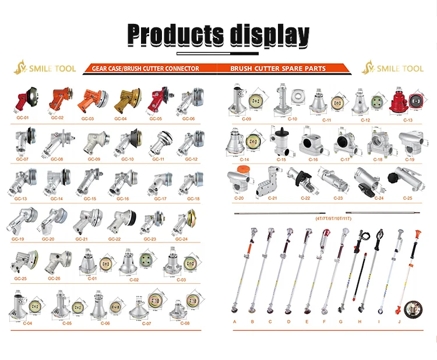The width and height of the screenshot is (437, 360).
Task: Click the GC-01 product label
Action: click(x=23, y=117)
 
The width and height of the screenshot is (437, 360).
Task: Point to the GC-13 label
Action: click(x=21, y=199)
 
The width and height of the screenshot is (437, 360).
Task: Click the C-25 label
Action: click(x=407, y=199)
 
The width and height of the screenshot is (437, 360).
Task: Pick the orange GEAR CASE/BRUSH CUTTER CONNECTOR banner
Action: click(x=146, y=69)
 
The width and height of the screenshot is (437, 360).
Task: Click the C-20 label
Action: click(x=239, y=199)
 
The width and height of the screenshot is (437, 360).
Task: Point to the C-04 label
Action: click(x=26, y=323)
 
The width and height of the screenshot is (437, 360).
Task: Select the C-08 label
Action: click(x=185, y=323)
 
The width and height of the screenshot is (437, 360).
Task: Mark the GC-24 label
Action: click(x=182, y=239)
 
